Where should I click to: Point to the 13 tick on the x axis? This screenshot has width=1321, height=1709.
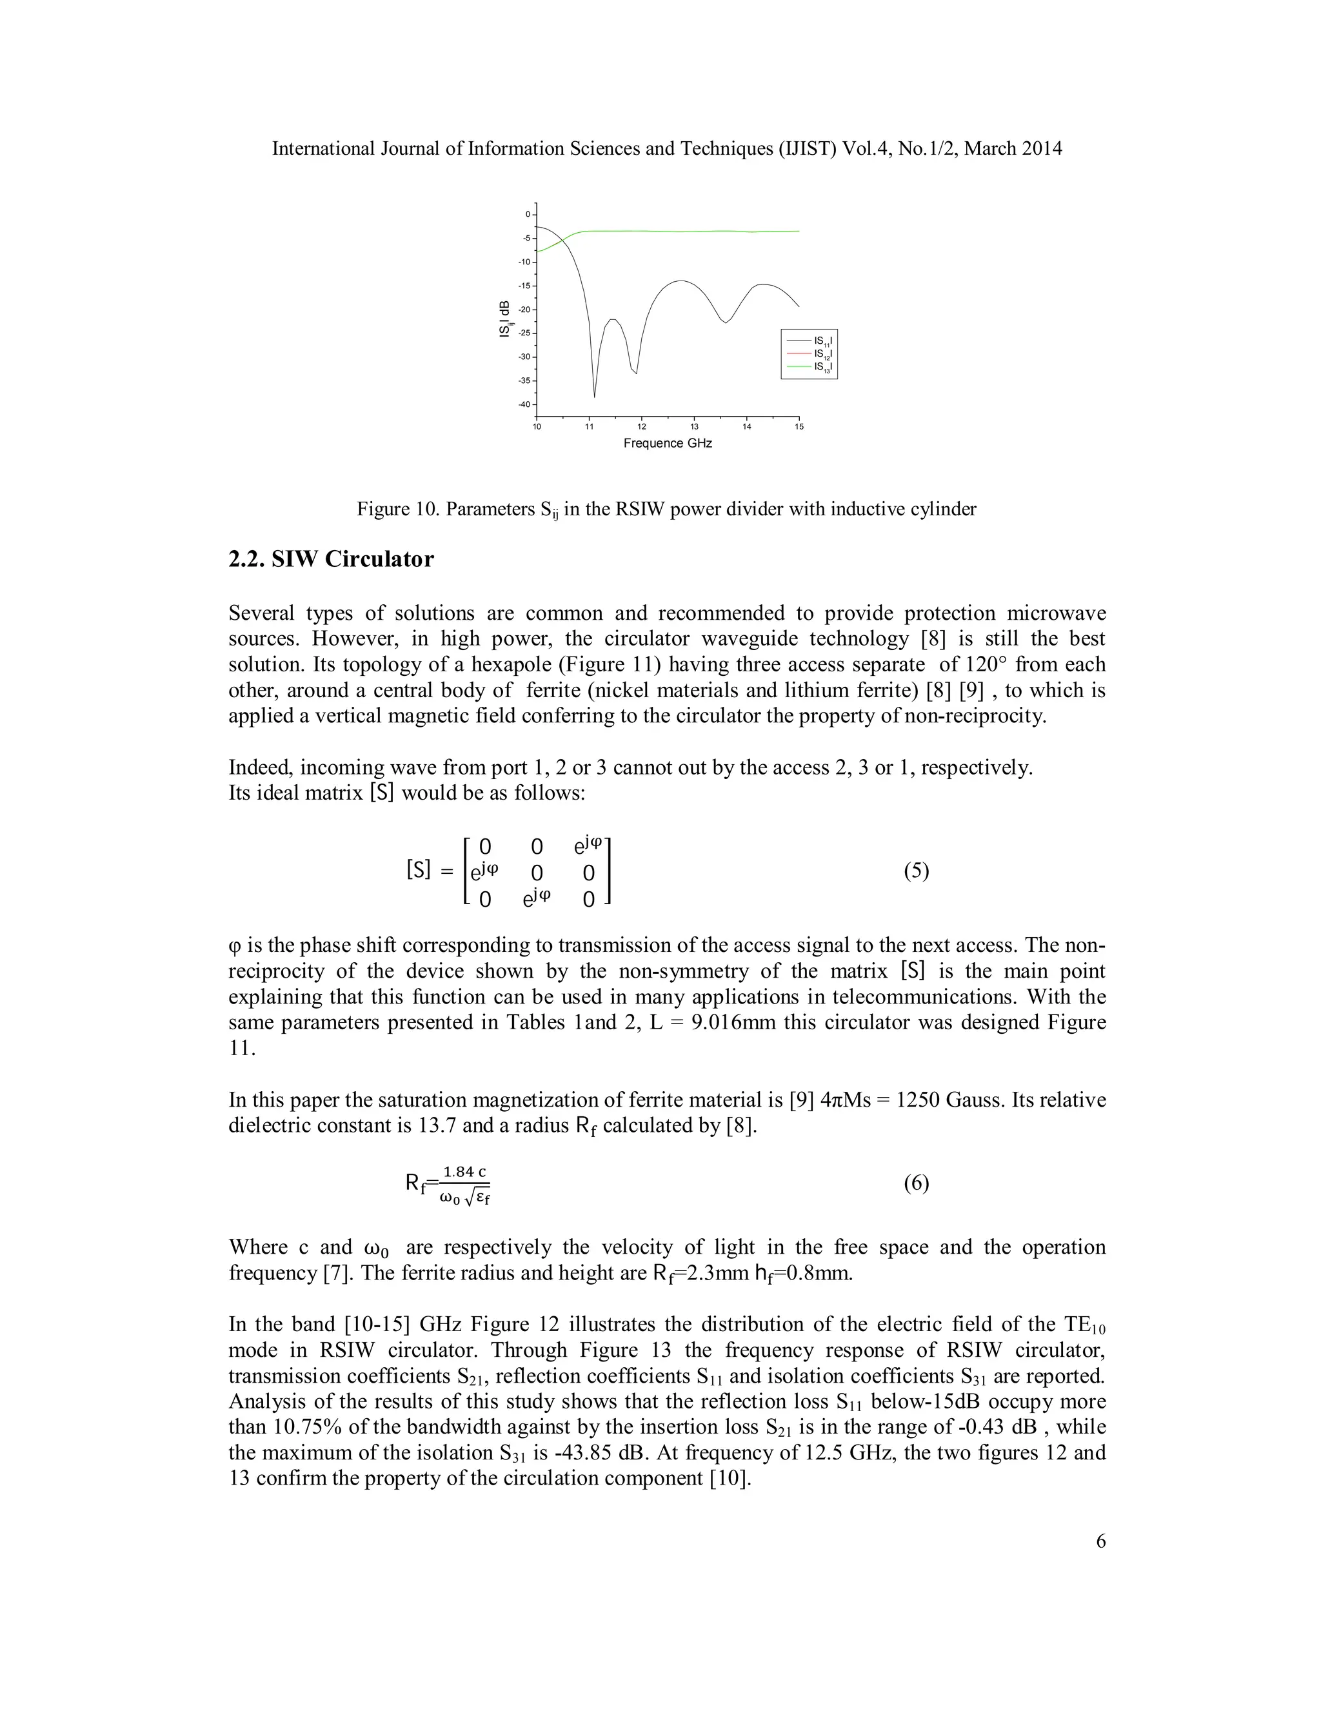point(694,426)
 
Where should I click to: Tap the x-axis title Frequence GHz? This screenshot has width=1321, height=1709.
point(668,444)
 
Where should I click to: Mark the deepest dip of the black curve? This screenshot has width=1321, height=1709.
point(594,396)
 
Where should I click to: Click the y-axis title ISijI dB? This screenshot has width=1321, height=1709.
point(506,319)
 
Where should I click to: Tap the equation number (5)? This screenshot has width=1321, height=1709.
point(917,871)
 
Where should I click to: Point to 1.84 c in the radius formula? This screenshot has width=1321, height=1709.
point(464,1171)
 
